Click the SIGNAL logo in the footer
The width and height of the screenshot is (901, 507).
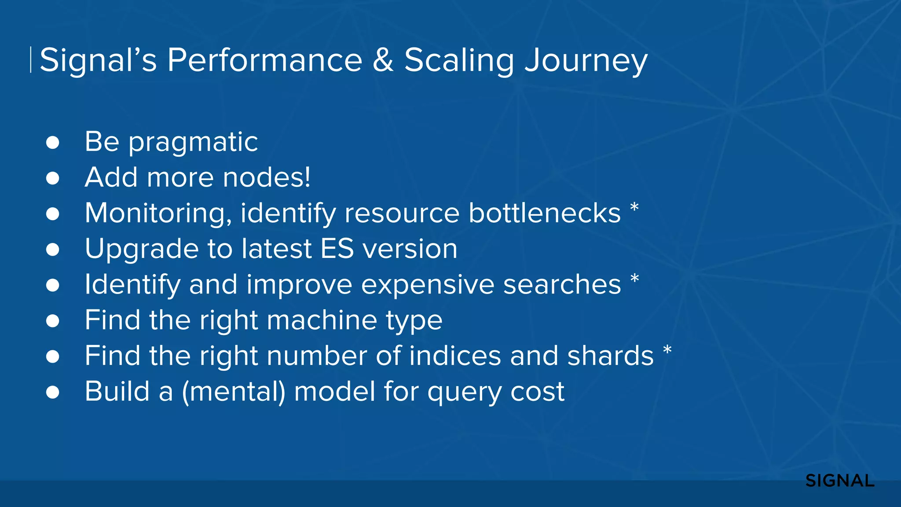click(839, 481)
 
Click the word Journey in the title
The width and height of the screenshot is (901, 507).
click(586, 61)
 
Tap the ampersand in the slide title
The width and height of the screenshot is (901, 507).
click(383, 60)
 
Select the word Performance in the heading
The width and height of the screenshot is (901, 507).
click(264, 60)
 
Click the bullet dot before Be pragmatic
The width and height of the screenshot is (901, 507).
click(53, 143)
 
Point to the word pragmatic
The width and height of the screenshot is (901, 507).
click(193, 143)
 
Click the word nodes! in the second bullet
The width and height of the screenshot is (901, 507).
click(267, 177)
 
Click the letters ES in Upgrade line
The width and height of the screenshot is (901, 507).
click(337, 249)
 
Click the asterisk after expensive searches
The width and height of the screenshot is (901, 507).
click(634, 278)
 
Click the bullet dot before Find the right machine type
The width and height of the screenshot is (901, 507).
click(53, 321)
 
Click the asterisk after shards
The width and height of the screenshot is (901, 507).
click(667, 350)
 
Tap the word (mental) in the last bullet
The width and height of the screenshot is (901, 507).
click(234, 392)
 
